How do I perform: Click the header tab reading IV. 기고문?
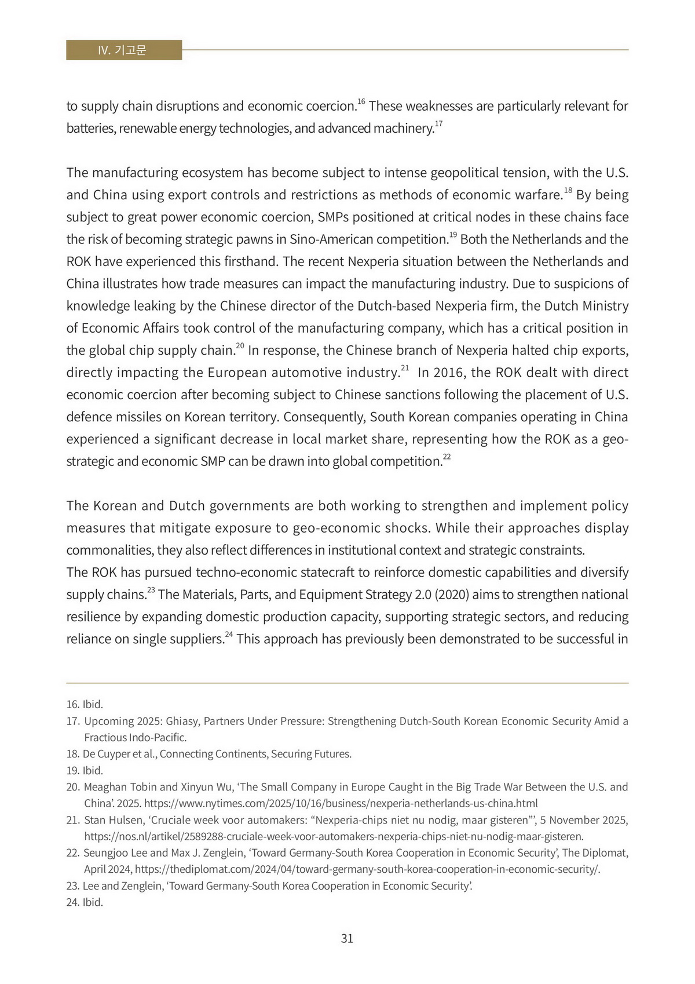click(x=123, y=50)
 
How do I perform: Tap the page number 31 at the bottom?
click(x=348, y=938)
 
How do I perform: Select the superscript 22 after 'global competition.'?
click(x=447, y=457)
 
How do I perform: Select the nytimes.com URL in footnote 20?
click(x=341, y=804)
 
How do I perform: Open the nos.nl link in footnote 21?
click(x=334, y=837)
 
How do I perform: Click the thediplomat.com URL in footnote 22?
click(x=367, y=870)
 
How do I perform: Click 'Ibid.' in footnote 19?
click(x=93, y=771)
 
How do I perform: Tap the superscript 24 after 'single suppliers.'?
click(x=229, y=635)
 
